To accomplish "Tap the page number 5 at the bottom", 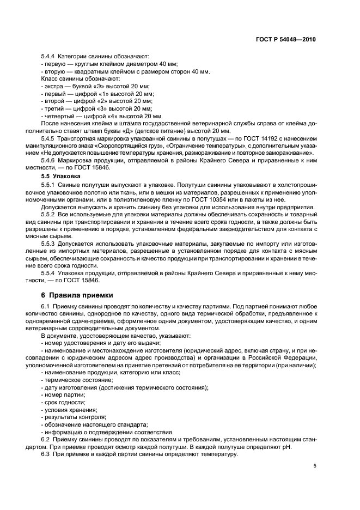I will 315,466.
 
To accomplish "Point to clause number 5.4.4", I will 50,57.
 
